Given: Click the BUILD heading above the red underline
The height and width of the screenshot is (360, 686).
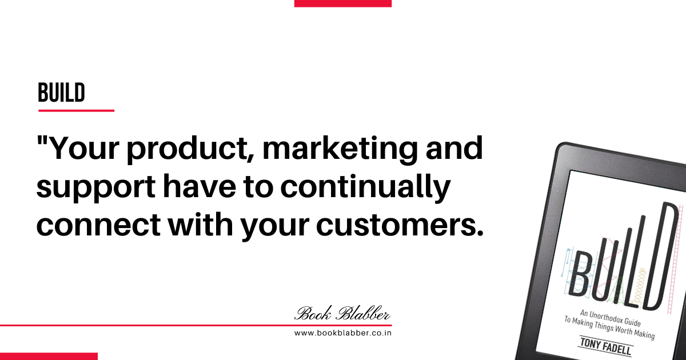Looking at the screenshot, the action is [x=61, y=93].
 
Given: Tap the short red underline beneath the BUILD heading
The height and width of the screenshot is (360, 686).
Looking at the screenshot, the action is [x=76, y=110].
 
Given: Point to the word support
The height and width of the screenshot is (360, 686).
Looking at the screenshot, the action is [x=95, y=187].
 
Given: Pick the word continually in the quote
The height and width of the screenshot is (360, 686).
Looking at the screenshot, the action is [x=365, y=186].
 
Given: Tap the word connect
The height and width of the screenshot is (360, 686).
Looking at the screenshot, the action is [x=98, y=225].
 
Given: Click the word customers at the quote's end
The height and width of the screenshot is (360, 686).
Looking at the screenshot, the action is [x=400, y=225].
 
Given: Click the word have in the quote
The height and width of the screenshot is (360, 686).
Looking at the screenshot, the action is [x=200, y=186].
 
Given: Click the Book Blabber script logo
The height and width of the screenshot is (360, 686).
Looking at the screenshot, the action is [x=342, y=314].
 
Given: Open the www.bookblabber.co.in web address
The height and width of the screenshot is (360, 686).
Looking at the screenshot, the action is [x=343, y=333].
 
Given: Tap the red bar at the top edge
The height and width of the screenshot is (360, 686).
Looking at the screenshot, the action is [x=343, y=3].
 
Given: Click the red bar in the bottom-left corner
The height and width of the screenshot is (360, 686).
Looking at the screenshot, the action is [x=49, y=357].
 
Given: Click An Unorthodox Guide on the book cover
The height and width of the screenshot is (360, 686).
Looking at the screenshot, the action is [x=611, y=319].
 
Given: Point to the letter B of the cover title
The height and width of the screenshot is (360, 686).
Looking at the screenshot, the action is [x=581, y=274].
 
